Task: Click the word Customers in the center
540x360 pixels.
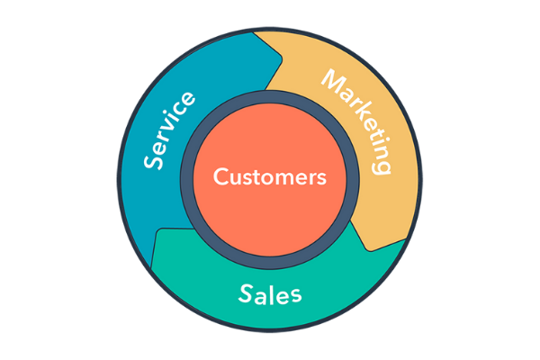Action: [270, 177]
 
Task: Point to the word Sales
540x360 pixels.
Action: [270, 293]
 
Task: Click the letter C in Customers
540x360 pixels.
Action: [220, 177]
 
